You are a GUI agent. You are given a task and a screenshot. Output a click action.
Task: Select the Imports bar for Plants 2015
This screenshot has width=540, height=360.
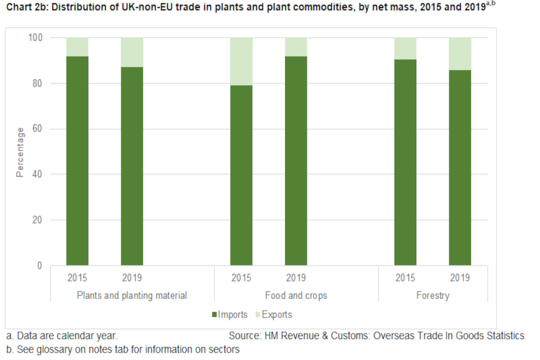(77, 160)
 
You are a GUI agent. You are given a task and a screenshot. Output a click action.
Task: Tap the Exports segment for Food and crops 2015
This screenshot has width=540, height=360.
(241, 61)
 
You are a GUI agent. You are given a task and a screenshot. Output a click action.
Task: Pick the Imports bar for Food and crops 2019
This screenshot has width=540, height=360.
(296, 160)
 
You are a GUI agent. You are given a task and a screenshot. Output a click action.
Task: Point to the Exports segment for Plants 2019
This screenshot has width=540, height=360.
(132, 52)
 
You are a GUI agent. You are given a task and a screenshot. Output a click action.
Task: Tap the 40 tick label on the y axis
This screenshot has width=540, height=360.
(38, 174)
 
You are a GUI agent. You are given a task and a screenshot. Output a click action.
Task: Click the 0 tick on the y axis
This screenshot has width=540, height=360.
(40, 265)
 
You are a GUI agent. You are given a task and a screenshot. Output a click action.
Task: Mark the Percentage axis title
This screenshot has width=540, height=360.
(20, 152)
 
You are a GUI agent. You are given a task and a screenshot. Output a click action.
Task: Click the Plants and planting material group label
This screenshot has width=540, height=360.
(132, 295)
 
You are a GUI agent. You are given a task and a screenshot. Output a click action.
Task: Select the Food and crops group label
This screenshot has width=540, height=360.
(296, 295)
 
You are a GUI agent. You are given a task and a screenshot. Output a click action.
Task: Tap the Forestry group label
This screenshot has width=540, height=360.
(433, 295)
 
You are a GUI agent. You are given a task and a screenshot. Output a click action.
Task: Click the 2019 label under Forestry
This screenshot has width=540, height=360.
(460, 278)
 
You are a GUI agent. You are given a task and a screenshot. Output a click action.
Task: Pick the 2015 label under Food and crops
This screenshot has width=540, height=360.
(241, 278)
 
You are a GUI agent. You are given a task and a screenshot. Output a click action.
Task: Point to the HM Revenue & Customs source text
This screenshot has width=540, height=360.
(376, 336)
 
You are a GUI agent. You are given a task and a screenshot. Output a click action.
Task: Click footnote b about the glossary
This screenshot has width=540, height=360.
(123, 349)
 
